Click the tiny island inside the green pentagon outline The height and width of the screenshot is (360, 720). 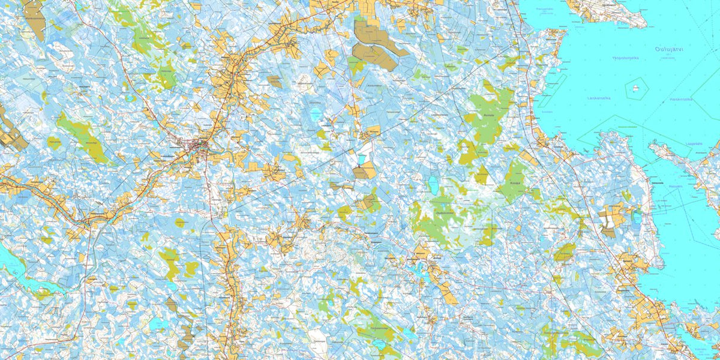pyautogui.click(x=635, y=88)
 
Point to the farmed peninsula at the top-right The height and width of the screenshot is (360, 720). pyautogui.click(x=606, y=11)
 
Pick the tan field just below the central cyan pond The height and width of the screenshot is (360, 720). pyautogui.click(x=364, y=173)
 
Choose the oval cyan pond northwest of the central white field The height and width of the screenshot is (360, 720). pyautogui.click(x=316, y=112)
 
